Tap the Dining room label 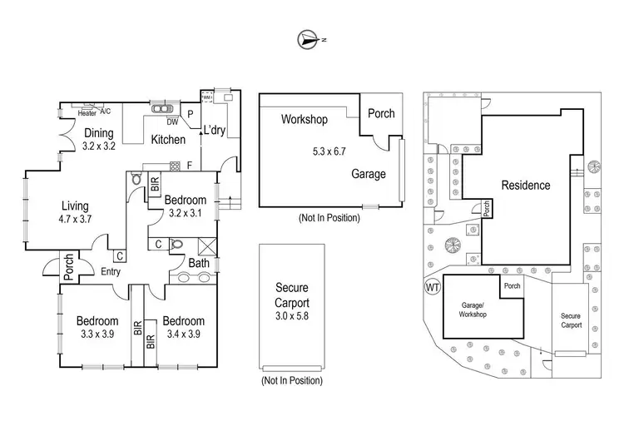(x=99, y=133)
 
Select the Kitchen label (x=167, y=140)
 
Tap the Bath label (x=198, y=264)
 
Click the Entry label (x=111, y=271)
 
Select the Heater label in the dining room (x=87, y=112)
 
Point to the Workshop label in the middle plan (x=304, y=119)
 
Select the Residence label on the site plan (x=525, y=185)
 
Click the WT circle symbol (x=432, y=288)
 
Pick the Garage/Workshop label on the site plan (x=472, y=310)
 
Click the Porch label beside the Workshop (x=382, y=114)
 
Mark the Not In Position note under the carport (x=291, y=380)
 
